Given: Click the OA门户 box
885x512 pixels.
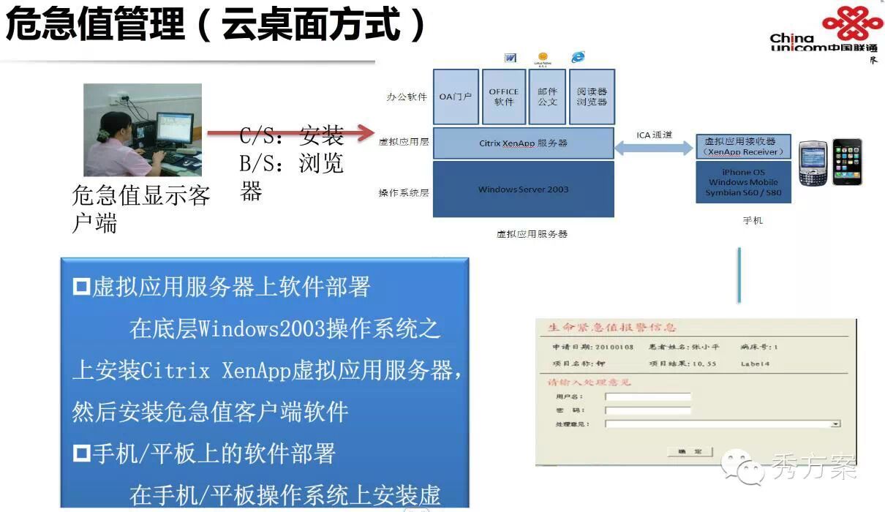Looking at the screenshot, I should click(456, 97).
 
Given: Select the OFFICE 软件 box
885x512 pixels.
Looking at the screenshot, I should click(504, 97).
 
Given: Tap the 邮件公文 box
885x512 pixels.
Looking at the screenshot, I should click(547, 97).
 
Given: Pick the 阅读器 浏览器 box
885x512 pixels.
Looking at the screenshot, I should click(592, 97).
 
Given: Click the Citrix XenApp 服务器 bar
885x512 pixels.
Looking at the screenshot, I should click(523, 143).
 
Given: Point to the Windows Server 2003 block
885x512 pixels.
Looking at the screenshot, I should click(523, 189).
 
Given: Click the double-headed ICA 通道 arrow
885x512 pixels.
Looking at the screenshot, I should click(654, 149).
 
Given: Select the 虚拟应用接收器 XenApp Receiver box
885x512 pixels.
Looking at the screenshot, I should click(743, 146).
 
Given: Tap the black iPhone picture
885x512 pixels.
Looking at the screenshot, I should click(847, 161).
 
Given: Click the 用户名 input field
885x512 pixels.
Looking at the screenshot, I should click(648, 397).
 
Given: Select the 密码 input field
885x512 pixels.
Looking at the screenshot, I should click(648, 410).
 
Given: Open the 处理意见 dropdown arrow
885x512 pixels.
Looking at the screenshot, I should click(835, 423).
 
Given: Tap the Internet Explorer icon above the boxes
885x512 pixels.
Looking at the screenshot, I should click(579, 57).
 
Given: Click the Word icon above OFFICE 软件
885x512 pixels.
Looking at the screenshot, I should click(511, 58).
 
